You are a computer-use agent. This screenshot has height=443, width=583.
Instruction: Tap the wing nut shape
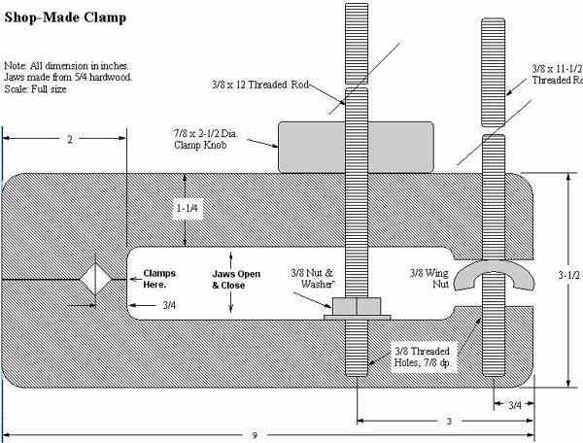(x=493, y=279)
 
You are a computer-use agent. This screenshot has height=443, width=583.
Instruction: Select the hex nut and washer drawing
(x=357, y=307)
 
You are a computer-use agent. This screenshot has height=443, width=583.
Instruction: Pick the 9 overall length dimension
(x=254, y=435)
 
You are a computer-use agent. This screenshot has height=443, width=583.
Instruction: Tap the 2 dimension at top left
(x=69, y=140)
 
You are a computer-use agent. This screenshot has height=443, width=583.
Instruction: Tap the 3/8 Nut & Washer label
(x=319, y=279)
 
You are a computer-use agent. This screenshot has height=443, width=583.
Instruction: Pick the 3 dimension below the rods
(x=447, y=421)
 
